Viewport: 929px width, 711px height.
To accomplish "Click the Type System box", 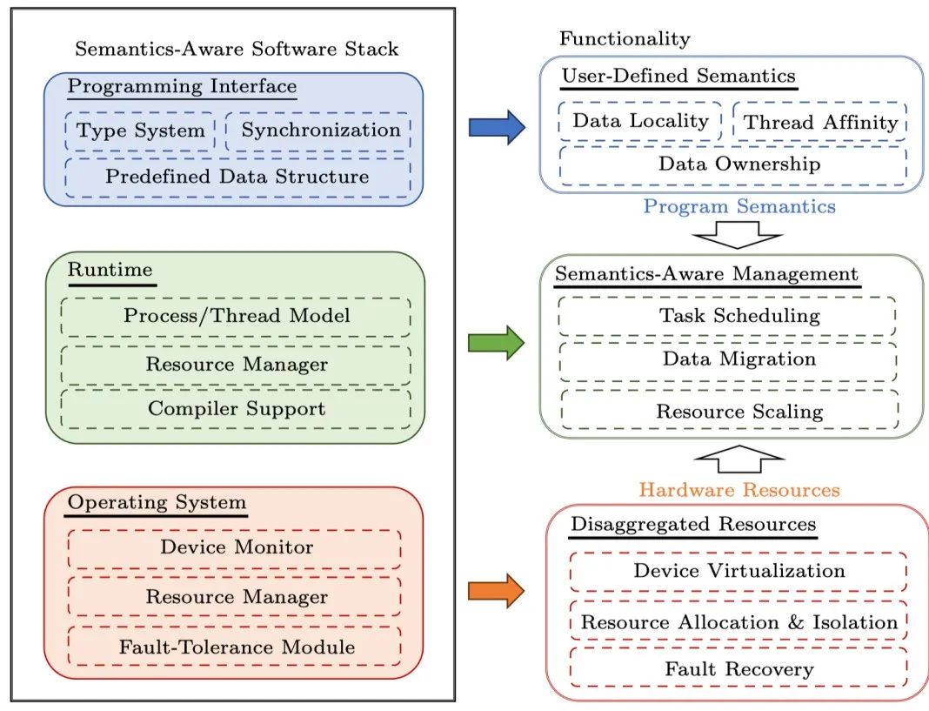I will (x=140, y=131).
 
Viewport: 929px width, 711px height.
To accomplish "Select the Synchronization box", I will (x=318, y=131).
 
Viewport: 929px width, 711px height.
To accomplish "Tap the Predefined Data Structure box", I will (x=237, y=178).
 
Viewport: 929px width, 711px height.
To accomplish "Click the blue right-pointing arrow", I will (x=497, y=128).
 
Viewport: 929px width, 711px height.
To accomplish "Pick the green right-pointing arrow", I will (x=497, y=343).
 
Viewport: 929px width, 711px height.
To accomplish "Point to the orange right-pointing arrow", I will (x=497, y=592).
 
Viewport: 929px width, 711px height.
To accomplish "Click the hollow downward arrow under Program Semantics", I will (x=739, y=234).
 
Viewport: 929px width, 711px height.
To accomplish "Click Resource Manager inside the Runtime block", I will (x=237, y=365).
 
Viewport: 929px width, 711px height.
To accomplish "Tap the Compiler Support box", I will (x=237, y=408).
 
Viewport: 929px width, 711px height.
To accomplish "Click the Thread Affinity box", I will (x=820, y=122).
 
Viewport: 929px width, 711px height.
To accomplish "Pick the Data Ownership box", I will (x=733, y=164).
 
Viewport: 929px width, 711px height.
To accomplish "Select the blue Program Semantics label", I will (x=739, y=207).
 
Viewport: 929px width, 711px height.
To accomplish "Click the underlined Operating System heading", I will (x=157, y=504).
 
